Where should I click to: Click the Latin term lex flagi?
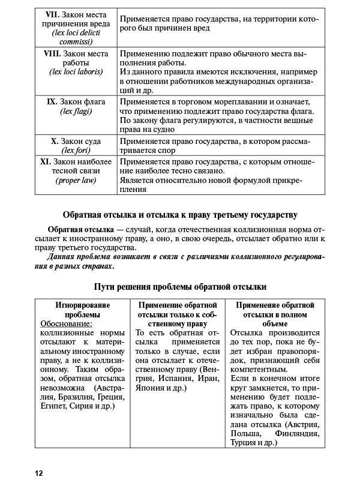(x=76, y=112)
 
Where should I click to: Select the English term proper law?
(x=76, y=180)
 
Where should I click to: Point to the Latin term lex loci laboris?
(x=76, y=72)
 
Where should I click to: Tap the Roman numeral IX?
(x=52, y=101)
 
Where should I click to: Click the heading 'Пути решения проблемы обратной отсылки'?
(x=180, y=287)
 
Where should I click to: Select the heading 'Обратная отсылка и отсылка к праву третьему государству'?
(x=180, y=215)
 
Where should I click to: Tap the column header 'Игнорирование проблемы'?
(x=83, y=310)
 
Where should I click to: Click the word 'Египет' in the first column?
(x=53, y=407)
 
